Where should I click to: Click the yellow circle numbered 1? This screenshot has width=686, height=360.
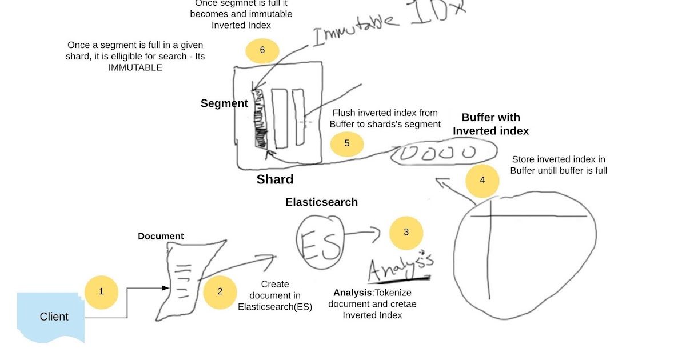(101, 291)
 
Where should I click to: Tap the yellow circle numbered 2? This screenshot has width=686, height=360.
(220, 291)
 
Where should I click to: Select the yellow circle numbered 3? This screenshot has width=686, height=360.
(406, 233)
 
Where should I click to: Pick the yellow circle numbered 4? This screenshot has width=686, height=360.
(482, 181)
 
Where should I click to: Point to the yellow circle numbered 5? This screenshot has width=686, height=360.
(346, 143)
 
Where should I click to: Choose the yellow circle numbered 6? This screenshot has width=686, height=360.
(262, 50)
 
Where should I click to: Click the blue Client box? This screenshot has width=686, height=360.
(53, 317)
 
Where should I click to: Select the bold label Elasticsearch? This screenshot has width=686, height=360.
(321, 202)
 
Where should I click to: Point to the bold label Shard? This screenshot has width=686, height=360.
(274, 179)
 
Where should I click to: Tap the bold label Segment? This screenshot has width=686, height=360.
(224, 103)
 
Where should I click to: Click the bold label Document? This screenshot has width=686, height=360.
(161, 236)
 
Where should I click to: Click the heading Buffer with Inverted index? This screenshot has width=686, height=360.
(490, 124)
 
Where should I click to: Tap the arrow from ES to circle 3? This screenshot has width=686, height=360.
(363, 232)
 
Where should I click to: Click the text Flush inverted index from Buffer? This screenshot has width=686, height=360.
(385, 118)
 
